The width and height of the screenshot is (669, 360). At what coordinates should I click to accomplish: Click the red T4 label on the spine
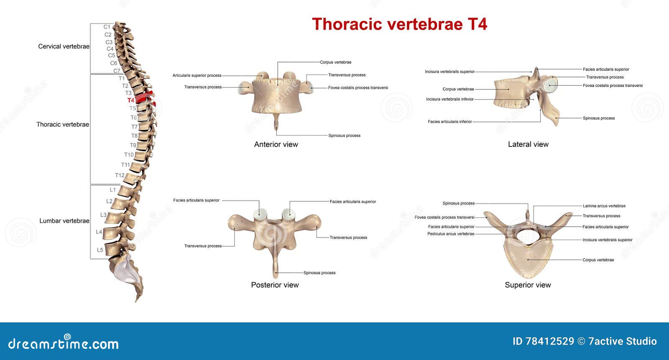(x=131, y=100)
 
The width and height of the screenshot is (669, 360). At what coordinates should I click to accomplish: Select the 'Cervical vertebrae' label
(x=64, y=46)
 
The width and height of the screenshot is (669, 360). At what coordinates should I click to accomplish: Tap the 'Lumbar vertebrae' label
(x=64, y=221)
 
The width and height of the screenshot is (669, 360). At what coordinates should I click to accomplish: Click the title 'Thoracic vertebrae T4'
(x=399, y=24)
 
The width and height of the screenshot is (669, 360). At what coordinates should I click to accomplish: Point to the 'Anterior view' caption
(x=276, y=144)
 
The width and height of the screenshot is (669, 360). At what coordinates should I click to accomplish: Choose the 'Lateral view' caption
(x=528, y=144)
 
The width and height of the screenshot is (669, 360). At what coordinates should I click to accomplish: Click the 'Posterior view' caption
(x=275, y=285)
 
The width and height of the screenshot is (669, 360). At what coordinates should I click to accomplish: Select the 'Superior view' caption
(x=528, y=285)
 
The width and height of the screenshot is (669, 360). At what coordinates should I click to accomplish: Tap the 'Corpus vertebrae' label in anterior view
(x=335, y=62)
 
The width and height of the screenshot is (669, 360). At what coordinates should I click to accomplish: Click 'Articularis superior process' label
(x=197, y=76)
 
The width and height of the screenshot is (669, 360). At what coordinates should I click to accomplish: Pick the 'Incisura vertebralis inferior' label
(x=450, y=100)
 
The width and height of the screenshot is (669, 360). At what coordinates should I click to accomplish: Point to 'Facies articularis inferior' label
(x=449, y=122)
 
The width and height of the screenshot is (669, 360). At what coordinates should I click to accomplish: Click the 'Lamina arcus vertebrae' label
(x=604, y=206)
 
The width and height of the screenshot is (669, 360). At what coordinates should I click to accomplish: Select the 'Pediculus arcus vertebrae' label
(x=451, y=234)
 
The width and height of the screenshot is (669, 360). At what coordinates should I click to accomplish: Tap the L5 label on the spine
(x=100, y=250)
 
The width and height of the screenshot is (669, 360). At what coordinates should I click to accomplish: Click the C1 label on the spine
(x=107, y=27)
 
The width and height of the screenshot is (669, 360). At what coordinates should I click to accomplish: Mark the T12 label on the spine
(x=120, y=175)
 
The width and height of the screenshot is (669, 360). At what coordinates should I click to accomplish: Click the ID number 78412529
(x=543, y=342)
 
